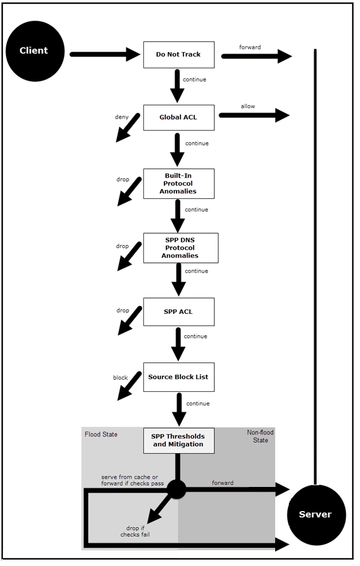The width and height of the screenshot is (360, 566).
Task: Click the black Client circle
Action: coord(34,50)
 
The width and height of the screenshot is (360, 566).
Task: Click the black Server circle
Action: coord(315,514)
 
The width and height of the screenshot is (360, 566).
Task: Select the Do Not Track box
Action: coord(178,55)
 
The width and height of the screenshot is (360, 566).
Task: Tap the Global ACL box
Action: coord(178,117)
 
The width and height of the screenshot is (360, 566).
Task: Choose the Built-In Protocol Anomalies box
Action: coord(178,183)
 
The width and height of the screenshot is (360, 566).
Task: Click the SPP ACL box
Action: coord(178,311)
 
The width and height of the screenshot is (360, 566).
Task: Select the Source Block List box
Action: coord(178,377)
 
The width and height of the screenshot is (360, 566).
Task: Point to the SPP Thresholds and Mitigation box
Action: coord(178,440)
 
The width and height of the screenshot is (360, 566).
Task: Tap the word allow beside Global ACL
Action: coord(248,106)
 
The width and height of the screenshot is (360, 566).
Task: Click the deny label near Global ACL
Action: coord(122,117)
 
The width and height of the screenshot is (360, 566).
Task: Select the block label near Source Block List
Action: coord(120,378)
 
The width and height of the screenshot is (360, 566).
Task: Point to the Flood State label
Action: coord(101,434)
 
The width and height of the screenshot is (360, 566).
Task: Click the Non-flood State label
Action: coord(257,437)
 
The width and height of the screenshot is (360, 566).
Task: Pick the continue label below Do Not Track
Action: coord(194,79)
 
